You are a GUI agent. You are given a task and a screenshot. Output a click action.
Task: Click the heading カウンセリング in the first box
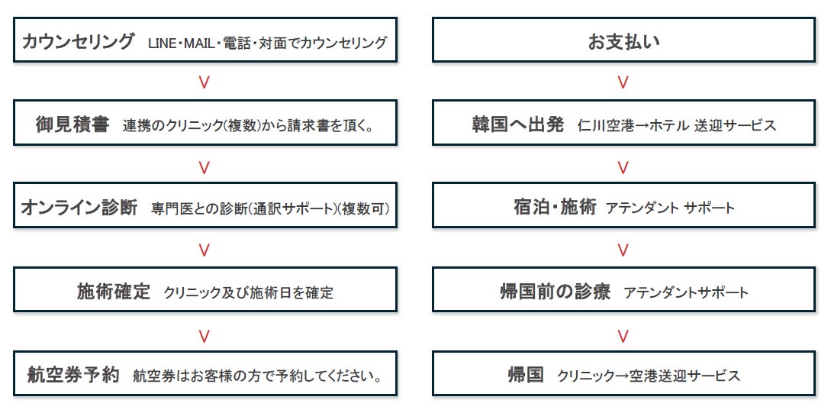pos(79,41)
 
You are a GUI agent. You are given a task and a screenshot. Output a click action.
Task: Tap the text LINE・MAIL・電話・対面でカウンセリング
pos(268,43)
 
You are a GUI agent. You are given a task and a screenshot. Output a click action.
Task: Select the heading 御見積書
pos(72,124)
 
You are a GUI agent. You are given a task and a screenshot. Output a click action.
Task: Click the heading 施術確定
pos(114,291)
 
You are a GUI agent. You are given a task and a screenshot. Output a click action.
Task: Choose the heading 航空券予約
pos(70,375)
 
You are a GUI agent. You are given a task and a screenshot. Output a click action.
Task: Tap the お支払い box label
pos(623,41)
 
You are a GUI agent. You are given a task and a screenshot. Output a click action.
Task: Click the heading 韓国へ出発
pos(518,124)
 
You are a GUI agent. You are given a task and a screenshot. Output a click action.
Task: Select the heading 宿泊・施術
pos(555,207)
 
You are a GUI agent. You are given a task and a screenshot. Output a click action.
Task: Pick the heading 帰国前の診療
pos(555,291)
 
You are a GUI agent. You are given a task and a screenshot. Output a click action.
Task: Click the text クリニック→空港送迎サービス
pos(649,376)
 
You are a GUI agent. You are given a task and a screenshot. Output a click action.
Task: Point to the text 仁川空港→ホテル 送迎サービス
pos(678,125)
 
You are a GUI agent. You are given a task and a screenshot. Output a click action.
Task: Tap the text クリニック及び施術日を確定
pos(249,292)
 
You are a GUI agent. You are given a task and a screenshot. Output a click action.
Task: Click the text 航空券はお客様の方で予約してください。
pos(257,376)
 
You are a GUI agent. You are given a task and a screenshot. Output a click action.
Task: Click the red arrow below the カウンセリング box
pos(204,82)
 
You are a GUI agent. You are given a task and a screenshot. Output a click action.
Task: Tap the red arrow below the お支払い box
pos(623,82)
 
